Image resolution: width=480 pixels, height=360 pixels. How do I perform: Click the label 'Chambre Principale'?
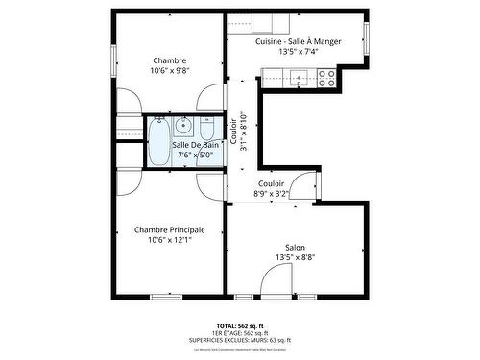click(x=169, y=229)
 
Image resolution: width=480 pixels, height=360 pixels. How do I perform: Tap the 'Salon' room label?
click(x=295, y=247)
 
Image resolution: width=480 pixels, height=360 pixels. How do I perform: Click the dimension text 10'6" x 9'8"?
click(x=169, y=70)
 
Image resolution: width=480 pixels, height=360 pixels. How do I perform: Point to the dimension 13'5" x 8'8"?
click(x=295, y=257)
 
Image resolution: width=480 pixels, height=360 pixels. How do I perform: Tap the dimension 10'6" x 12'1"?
click(x=169, y=240)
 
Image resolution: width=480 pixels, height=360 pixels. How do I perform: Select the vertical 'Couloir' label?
click(x=233, y=126)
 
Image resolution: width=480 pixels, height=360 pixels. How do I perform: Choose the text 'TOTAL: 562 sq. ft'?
click(x=239, y=326)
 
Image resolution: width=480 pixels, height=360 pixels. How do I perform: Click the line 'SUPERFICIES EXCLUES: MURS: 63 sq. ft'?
click(x=239, y=340)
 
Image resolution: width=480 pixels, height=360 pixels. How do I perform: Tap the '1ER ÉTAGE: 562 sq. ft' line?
click(x=239, y=333)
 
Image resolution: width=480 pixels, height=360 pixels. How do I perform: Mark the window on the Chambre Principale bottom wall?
click(x=165, y=295)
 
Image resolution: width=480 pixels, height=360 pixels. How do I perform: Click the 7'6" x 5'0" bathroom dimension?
click(x=192, y=155)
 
